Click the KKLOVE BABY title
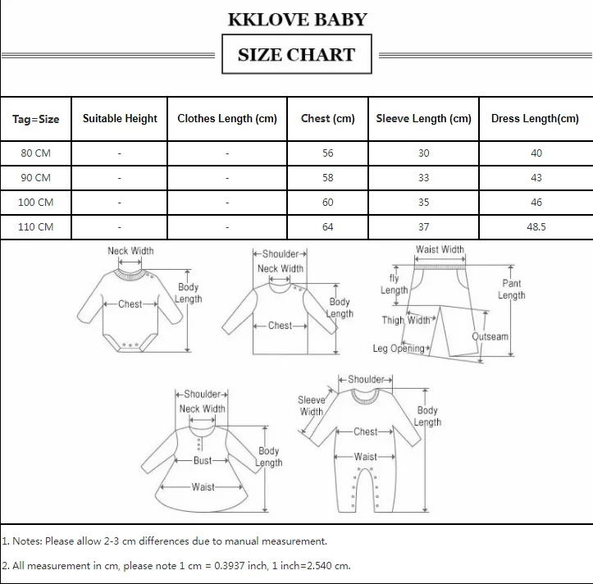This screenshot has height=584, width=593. point(296,19)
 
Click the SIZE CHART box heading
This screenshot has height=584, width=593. point(296,55)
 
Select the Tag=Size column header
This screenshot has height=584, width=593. point(36,119)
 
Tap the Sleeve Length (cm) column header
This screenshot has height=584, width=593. point(423,118)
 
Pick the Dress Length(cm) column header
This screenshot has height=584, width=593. point(535,118)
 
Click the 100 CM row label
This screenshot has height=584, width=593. point(36,202)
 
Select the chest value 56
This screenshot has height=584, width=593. point(328,153)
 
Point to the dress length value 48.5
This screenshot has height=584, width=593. point(536,227)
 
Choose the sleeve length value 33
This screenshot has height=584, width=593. point(423,178)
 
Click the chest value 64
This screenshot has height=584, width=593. point(328,227)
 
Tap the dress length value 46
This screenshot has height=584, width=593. point(536,202)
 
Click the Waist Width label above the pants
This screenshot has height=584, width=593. point(440,249)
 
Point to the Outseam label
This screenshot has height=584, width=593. point(490,336)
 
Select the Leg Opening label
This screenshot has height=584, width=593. point(400,349)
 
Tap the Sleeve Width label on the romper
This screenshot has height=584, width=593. point(312,406)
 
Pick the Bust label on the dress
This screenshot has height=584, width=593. point(203,461)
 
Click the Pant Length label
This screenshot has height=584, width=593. point(511,289)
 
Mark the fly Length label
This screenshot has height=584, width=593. point(394,285)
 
